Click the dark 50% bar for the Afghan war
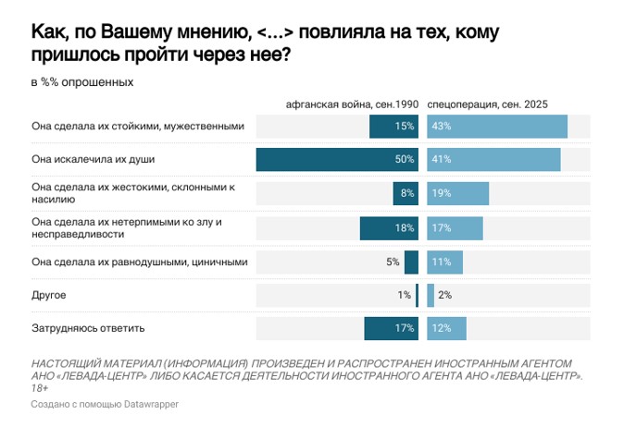pos(337,160)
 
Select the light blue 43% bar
pos(497,127)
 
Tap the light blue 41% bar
pos(493,160)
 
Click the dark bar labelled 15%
pos(393,127)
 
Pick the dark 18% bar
pos(389,227)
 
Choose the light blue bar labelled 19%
pos(457,194)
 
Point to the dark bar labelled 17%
pos(391,328)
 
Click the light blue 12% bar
pos(446,328)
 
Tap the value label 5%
pos(393,262)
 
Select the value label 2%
pos(444,295)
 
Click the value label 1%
pos(404,295)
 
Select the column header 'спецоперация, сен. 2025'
pos(488,105)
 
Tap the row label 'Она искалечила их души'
pos(93,160)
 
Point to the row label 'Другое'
pos(49,295)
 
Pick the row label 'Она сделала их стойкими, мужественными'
pos(137,127)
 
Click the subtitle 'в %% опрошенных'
pos(82,82)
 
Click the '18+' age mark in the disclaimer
pos(41,388)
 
